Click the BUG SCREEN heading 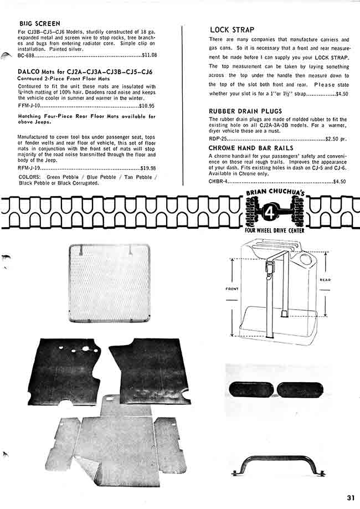(36, 24)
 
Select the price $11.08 (150, 55)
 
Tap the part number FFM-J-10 (29, 105)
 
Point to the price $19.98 (148, 168)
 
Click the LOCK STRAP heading (232, 29)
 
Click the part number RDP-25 (218, 139)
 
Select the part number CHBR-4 (219, 181)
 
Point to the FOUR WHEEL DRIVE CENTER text (274, 230)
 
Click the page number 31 (350, 497)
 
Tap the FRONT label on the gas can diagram (232, 289)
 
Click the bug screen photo (109, 283)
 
